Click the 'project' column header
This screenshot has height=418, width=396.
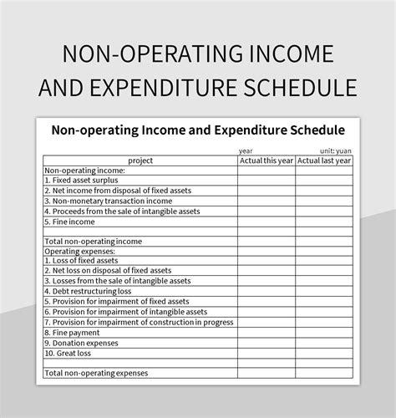tap(140, 160)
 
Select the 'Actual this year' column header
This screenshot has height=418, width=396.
tap(266, 160)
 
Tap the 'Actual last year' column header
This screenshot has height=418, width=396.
tap(324, 160)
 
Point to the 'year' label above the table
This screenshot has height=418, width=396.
tap(246, 150)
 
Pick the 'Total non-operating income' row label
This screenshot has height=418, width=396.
tap(93, 241)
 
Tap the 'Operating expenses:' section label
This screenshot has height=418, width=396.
tap(79, 251)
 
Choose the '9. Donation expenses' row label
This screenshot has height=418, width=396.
tap(83, 342)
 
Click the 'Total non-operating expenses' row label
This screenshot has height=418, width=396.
tap(98, 373)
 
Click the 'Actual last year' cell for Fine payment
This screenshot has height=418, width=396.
tap(324, 332)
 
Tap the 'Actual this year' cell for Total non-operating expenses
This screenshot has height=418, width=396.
tap(266, 373)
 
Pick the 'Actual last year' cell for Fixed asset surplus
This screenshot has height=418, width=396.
tap(324, 180)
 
